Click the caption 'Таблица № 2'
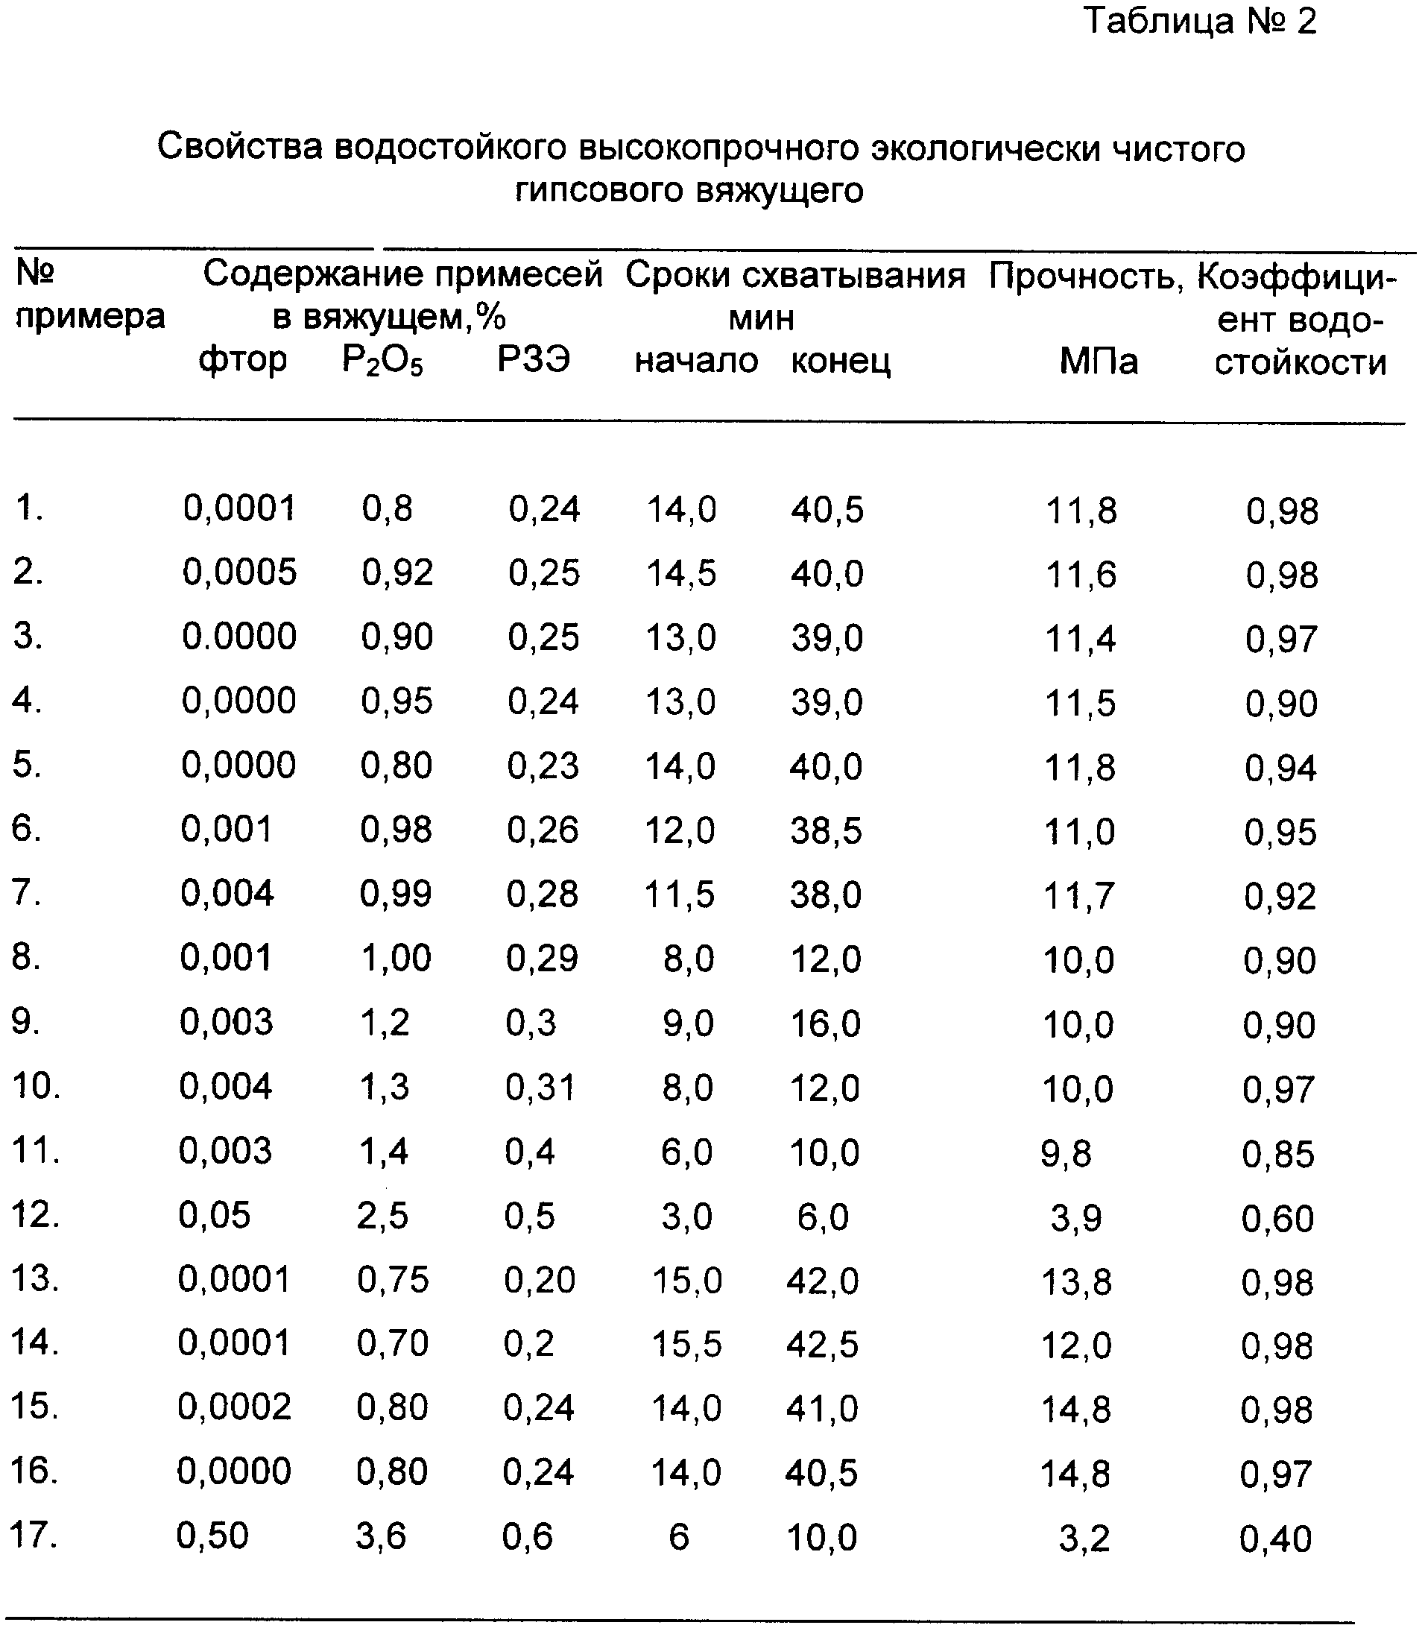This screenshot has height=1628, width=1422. tap(1200, 22)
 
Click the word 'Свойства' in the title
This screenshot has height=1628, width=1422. tap(240, 148)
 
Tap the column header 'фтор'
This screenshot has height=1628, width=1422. tap(242, 362)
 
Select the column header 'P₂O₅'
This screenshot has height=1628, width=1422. tap(382, 362)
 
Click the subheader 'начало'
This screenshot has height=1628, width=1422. tap(696, 362)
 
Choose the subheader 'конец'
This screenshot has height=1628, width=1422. tap(841, 362)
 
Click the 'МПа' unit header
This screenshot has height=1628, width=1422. tap(1099, 362)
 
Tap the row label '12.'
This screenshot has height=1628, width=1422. tap(35, 1214)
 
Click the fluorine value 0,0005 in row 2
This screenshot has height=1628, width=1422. tap(240, 572)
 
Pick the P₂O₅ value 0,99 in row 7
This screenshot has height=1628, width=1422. tap(395, 895)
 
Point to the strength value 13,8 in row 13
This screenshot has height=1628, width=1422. tap(1076, 1281)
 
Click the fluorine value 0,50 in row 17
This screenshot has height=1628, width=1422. tap(212, 1536)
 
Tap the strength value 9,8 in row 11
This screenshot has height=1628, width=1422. tap(1066, 1153)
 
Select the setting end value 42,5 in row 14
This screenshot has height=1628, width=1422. tap(822, 1345)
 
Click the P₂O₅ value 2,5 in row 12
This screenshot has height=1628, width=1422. tap(382, 1216)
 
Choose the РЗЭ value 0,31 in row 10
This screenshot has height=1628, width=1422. tap(540, 1088)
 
